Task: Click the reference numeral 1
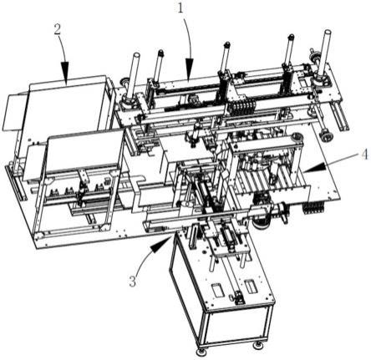tap(180, 8)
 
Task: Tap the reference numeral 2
tap(57, 30)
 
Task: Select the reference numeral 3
tap(133, 281)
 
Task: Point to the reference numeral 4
tap(365, 155)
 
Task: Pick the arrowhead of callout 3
tap(160, 244)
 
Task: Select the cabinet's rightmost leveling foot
tap(257, 346)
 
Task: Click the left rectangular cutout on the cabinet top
tap(217, 291)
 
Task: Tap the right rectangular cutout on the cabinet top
tap(251, 286)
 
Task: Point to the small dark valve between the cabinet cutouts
tap(237, 297)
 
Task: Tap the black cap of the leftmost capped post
tap(160, 53)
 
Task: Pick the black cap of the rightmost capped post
tap(291, 37)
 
